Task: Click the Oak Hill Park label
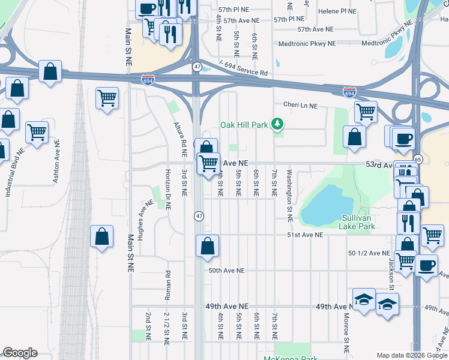(244, 125)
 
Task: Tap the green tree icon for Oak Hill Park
(277, 124)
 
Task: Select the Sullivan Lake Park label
(358, 222)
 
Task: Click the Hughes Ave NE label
(142, 220)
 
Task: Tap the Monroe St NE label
(346, 335)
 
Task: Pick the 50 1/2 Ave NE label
(369, 253)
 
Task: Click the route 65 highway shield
(418, 160)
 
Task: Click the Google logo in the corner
(20, 353)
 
